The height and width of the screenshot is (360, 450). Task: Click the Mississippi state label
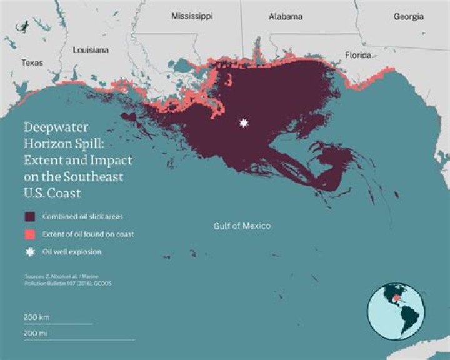coord(192,17)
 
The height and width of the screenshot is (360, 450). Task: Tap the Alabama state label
coord(286,17)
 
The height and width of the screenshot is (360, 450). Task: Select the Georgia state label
coord(408,17)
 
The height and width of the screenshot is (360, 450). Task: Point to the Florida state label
coord(358,56)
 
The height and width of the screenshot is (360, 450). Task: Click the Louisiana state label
coord(91,49)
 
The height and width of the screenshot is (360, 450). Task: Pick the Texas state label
coord(32,62)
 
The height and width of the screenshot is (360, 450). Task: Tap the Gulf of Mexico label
coord(241,226)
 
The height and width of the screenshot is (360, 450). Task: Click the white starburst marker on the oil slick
coord(244,123)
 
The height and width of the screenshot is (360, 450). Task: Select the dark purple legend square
coord(29,217)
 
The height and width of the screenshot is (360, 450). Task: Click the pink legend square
coord(29,234)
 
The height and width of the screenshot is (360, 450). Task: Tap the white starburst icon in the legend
coord(29,252)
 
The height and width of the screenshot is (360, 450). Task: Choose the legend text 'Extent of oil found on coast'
coord(88,234)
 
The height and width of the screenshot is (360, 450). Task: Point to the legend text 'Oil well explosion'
coord(72,252)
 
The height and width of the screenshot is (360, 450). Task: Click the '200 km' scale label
coord(36,317)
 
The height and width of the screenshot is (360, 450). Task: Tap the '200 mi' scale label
coord(36,333)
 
